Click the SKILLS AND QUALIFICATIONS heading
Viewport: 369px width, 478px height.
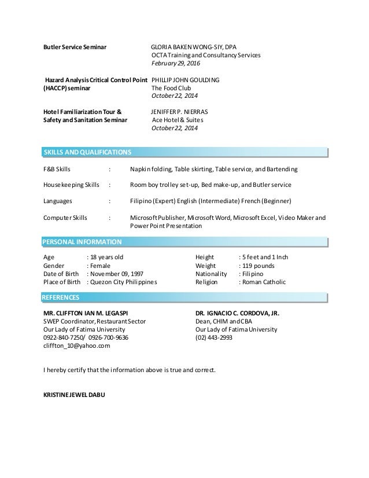coord(87,153)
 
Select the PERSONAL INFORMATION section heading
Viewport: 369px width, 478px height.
coord(82,241)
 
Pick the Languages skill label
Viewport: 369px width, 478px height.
coord(58,201)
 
